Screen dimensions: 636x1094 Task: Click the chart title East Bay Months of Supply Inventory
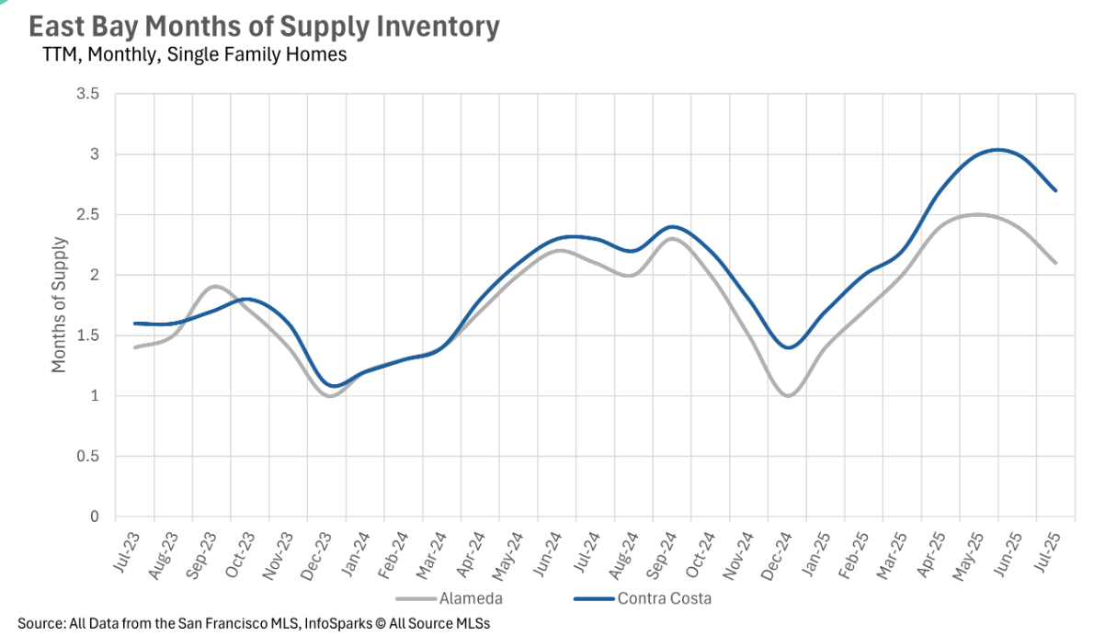(264, 27)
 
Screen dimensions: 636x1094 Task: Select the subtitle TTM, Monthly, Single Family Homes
(195, 55)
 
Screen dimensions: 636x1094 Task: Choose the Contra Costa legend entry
(665, 599)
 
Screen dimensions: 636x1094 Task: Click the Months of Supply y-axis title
(59, 305)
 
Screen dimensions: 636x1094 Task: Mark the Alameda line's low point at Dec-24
(788, 395)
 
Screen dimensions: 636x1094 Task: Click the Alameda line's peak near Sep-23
(213, 287)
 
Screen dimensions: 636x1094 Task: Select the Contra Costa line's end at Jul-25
(1055, 190)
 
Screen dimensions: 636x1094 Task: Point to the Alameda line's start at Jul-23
(135, 347)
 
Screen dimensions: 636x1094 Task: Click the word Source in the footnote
(40, 623)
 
